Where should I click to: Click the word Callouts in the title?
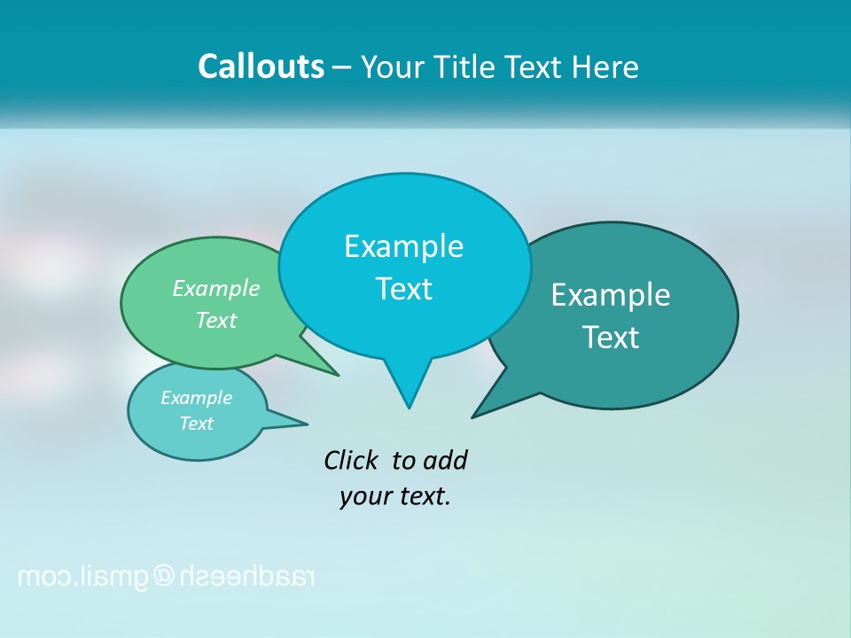(261, 66)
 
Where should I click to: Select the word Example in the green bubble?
(216, 288)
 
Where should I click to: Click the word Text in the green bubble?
(216, 320)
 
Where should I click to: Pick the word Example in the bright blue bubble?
(403, 245)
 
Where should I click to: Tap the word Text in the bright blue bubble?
(403, 289)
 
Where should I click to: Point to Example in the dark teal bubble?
(611, 294)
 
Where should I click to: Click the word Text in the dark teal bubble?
(611, 337)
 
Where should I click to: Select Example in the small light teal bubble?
(196, 398)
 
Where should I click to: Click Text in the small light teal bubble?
(196, 424)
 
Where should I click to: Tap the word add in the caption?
(444, 460)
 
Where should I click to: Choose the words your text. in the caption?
(395, 495)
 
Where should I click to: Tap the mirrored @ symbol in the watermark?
(165, 577)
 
